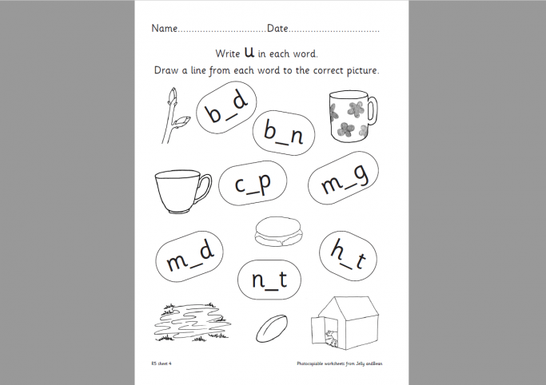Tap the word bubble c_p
(253, 185)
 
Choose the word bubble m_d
(189, 256)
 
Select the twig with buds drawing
(175, 118)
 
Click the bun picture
(277, 232)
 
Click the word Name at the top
(163, 29)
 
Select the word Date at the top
(277, 29)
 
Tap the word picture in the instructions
(357, 70)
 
